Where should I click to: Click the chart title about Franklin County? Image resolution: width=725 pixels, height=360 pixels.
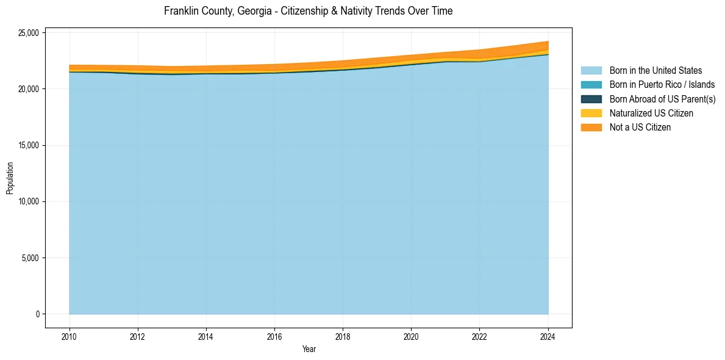pos(308,11)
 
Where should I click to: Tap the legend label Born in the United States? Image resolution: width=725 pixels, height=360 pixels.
pos(655,71)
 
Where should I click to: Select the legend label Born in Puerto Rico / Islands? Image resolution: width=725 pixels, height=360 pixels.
pos(662,85)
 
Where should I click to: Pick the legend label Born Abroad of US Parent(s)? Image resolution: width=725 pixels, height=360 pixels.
pos(662,99)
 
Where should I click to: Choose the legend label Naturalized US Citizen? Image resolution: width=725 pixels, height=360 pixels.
pos(651,113)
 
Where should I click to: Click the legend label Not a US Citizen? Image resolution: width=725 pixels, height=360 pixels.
pos(640,127)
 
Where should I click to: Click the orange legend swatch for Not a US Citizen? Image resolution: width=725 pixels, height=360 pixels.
pos(591,127)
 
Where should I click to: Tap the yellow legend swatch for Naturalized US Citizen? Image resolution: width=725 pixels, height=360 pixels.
pos(591,113)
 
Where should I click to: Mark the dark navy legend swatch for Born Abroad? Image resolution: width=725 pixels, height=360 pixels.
pos(591,99)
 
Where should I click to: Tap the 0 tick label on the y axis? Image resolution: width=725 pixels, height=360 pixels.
pos(38,314)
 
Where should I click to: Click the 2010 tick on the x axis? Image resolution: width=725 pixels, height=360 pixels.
pos(70,336)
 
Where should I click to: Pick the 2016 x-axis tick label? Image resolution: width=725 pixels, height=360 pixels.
pos(275,336)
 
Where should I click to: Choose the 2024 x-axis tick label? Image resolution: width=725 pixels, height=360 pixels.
pos(548,336)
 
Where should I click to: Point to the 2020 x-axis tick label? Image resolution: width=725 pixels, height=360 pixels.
pos(412,336)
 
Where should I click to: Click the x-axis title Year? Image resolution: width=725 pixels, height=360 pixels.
pos(309,349)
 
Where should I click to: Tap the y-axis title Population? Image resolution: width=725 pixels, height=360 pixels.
pos(10,178)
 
